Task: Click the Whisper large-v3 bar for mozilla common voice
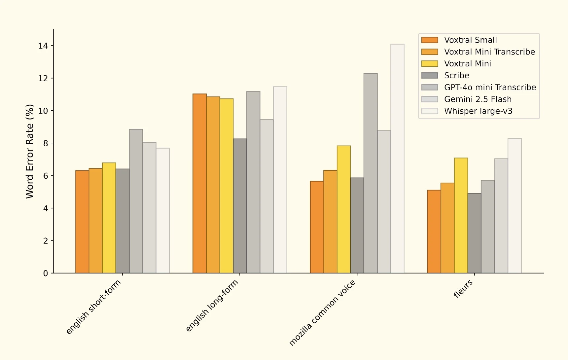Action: tap(397, 159)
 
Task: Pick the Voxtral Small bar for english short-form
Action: tap(82, 222)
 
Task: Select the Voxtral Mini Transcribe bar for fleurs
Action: tap(447, 228)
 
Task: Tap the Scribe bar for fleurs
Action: tap(475, 233)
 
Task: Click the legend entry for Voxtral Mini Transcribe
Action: tap(489, 52)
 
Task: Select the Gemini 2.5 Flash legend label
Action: tap(478, 99)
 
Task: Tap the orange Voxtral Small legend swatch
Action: tap(430, 40)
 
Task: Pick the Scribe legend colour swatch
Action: tap(430, 76)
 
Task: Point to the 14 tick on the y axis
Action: tap(43, 46)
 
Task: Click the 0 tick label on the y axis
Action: tap(46, 273)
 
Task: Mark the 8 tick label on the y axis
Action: tap(46, 143)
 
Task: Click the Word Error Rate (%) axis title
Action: tap(30, 151)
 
